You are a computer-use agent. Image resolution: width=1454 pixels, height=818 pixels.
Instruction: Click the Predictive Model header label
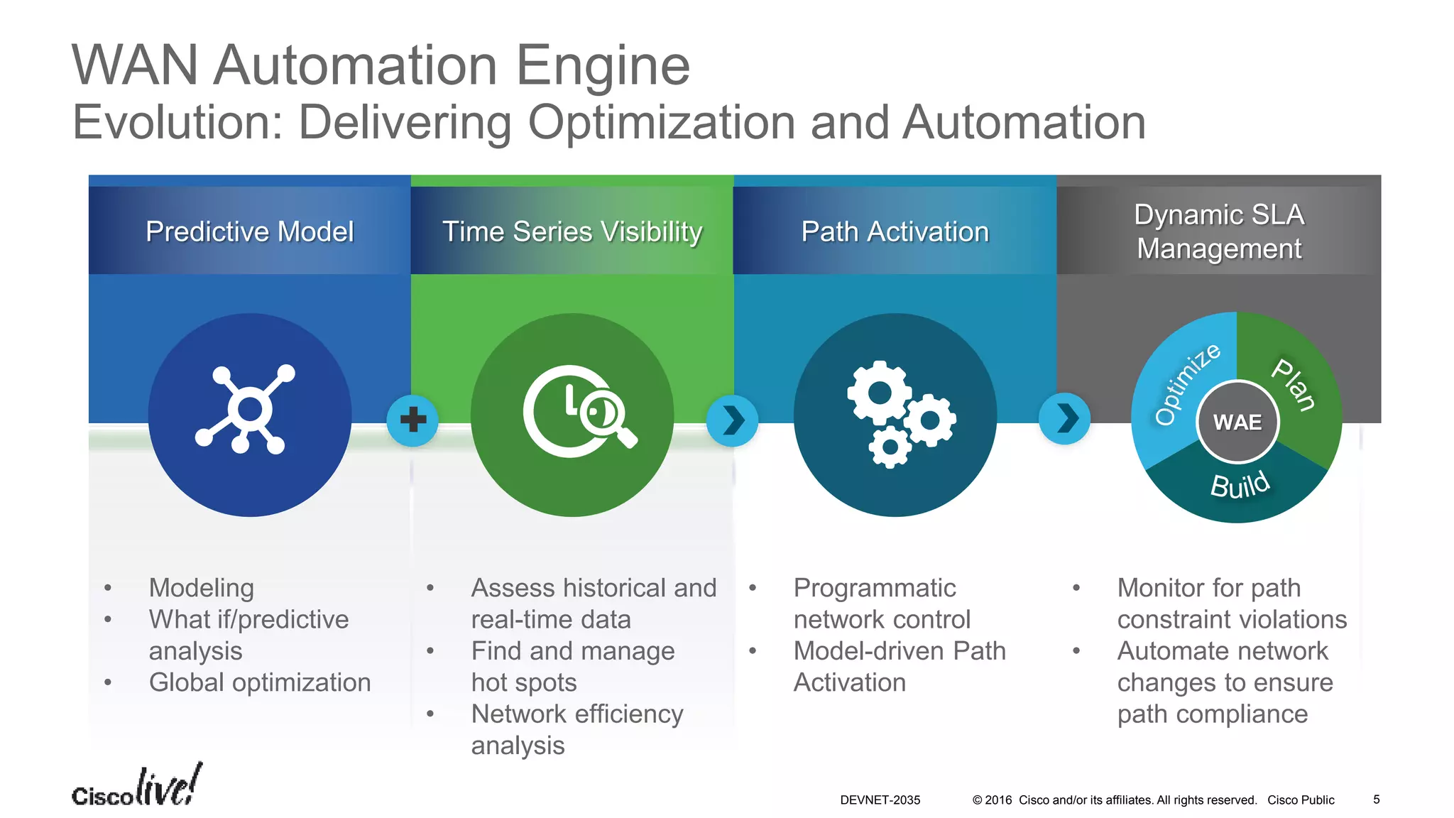tap(249, 231)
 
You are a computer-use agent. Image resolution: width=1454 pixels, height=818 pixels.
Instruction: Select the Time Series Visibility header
tap(572, 231)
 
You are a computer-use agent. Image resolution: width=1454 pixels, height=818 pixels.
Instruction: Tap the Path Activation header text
tap(895, 231)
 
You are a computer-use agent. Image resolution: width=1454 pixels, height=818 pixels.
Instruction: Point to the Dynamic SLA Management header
tap(1218, 231)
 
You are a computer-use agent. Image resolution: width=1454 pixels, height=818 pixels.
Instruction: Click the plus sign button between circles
tap(412, 420)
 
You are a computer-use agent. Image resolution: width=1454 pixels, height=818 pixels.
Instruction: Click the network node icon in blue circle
tap(246, 410)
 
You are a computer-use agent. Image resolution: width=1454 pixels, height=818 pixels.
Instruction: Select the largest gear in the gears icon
tap(879, 393)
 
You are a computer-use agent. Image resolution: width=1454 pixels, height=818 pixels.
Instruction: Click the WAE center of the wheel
tap(1237, 422)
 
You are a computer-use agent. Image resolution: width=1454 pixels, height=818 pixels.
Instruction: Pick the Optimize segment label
tap(1186, 384)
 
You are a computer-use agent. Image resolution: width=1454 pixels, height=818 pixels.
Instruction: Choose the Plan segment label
tap(1294, 384)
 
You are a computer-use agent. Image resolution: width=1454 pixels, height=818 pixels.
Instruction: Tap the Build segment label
tap(1240, 486)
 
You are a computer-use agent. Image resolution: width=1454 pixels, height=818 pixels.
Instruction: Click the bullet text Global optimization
tap(260, 682)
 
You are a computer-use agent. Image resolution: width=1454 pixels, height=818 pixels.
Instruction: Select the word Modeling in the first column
tap(201, 588)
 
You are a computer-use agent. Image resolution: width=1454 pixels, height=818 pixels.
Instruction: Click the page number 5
tap(1376, 800)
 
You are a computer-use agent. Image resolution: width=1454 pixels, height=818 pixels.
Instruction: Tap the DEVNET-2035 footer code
tap(880, 800)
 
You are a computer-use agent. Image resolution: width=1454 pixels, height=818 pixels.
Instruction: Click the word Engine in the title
tap(603, 65)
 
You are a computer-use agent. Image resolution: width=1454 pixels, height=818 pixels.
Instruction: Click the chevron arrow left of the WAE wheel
tap(1064, 419)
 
